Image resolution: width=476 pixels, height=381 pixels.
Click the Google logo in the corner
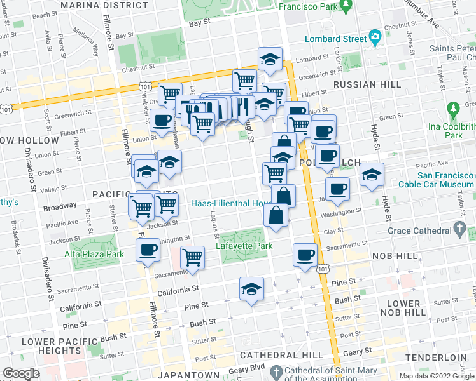click(21, 373)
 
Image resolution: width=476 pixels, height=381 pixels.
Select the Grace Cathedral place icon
click(460, 229)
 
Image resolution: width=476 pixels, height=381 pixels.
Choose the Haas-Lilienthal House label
click(232, 204)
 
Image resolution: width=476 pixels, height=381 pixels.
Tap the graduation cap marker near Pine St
click(252, 289)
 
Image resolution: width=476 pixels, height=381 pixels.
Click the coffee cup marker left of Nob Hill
click(305, 255)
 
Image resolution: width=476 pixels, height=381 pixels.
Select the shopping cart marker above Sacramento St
click(192, 257)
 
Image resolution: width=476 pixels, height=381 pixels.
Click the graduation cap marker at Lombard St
click(270, 59)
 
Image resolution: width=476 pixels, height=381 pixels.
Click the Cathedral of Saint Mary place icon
click(277, 370)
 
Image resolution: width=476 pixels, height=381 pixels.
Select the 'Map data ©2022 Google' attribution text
click(436, 376)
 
